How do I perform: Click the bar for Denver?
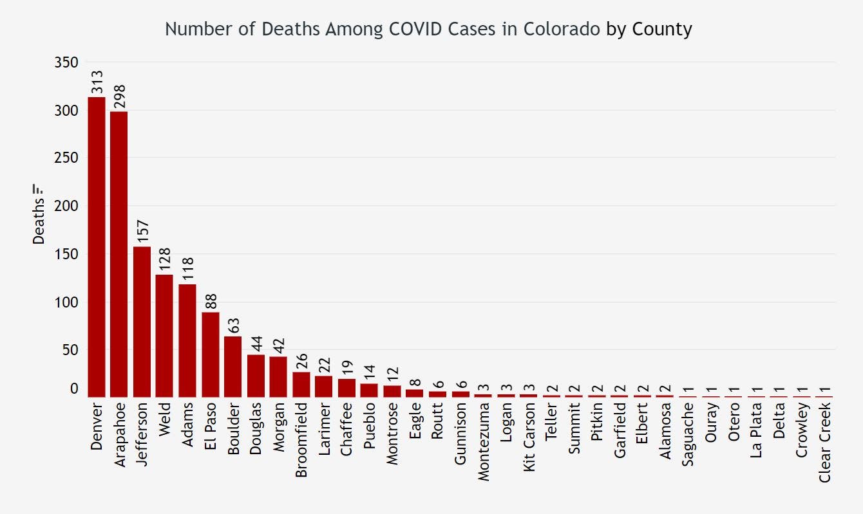click(97, 247)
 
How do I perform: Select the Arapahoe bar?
click(119, 254)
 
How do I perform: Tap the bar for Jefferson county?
click(142, 322)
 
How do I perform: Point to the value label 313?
click(97, 82)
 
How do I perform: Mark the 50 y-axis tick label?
click(70, 350)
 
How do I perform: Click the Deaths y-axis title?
click(39, 216)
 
